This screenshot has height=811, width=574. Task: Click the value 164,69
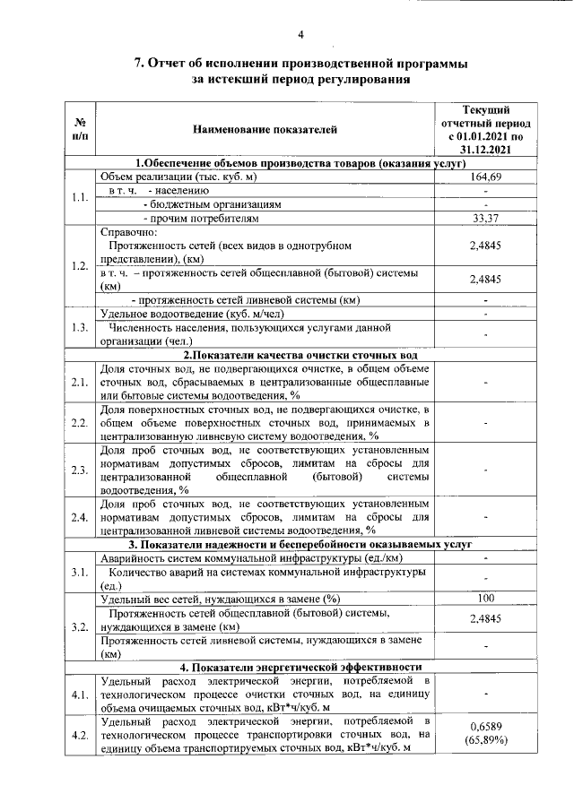tap(485, 177)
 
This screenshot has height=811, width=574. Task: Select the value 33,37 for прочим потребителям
tap(485, 218)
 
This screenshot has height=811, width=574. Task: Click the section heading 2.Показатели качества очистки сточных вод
tap(298, 356)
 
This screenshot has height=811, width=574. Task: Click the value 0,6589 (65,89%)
tap(485, 734)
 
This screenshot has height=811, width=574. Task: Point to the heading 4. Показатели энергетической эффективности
tap(298, 667)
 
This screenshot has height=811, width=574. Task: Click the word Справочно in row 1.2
tap(128, 232)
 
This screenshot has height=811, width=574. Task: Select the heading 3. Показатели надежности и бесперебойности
tap(298, 544)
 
